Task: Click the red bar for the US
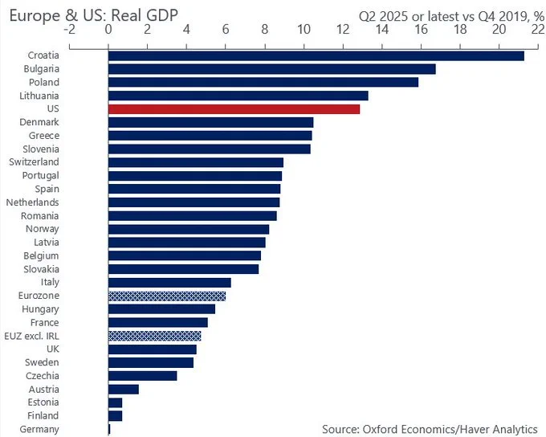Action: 234,109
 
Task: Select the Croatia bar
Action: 316,55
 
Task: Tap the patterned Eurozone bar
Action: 167,296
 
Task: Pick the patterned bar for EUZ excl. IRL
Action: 155,336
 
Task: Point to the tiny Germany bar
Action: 109,429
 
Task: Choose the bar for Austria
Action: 124,390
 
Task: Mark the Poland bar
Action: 263,82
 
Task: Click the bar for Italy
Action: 169,283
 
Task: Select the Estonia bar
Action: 116,402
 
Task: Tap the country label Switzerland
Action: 34,162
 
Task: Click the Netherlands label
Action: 32,202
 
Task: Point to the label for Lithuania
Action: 39,96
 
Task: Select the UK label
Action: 53,349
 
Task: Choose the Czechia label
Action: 43,376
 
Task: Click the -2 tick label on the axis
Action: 70,30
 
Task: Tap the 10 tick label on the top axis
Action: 304,30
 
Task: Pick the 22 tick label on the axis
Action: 538,30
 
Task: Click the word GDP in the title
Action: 162,16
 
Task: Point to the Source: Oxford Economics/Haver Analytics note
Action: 430,429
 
